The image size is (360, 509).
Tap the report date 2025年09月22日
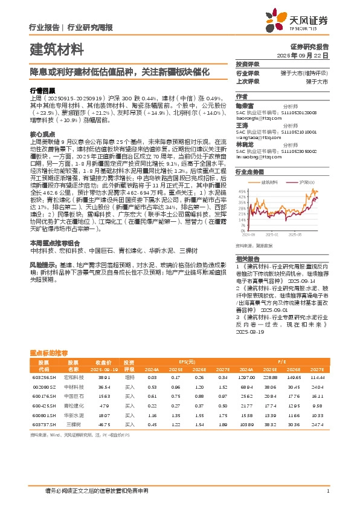308,54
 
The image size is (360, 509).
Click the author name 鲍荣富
243,105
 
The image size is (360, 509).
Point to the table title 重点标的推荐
49,352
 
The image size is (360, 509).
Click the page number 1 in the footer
327,490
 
